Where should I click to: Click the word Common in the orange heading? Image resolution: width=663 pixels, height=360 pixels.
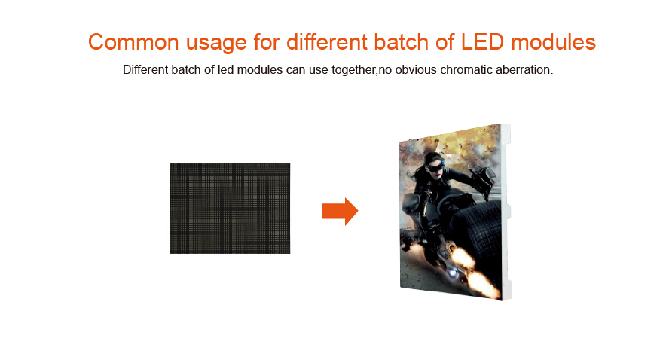[133, 42]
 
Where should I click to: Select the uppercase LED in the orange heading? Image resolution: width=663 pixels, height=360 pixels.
[482, 42]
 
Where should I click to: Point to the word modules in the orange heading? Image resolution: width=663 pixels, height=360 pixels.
[554, 42]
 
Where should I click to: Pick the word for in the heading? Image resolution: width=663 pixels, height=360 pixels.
[267, 42]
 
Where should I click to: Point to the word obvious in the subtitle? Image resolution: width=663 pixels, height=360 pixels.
[416, 70]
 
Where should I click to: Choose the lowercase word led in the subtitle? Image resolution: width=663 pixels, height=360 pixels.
[225, 70]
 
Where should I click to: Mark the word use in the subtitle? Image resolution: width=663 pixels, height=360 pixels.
[318, 71]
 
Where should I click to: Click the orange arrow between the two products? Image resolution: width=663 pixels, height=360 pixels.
[340, 212]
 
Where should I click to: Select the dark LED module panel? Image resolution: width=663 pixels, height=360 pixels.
[230, 209]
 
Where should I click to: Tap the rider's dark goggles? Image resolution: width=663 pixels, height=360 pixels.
[435, 167]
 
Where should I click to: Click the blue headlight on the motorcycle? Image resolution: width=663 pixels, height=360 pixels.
[453, 273]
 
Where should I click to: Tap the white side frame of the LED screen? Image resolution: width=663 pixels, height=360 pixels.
[506, 212]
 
